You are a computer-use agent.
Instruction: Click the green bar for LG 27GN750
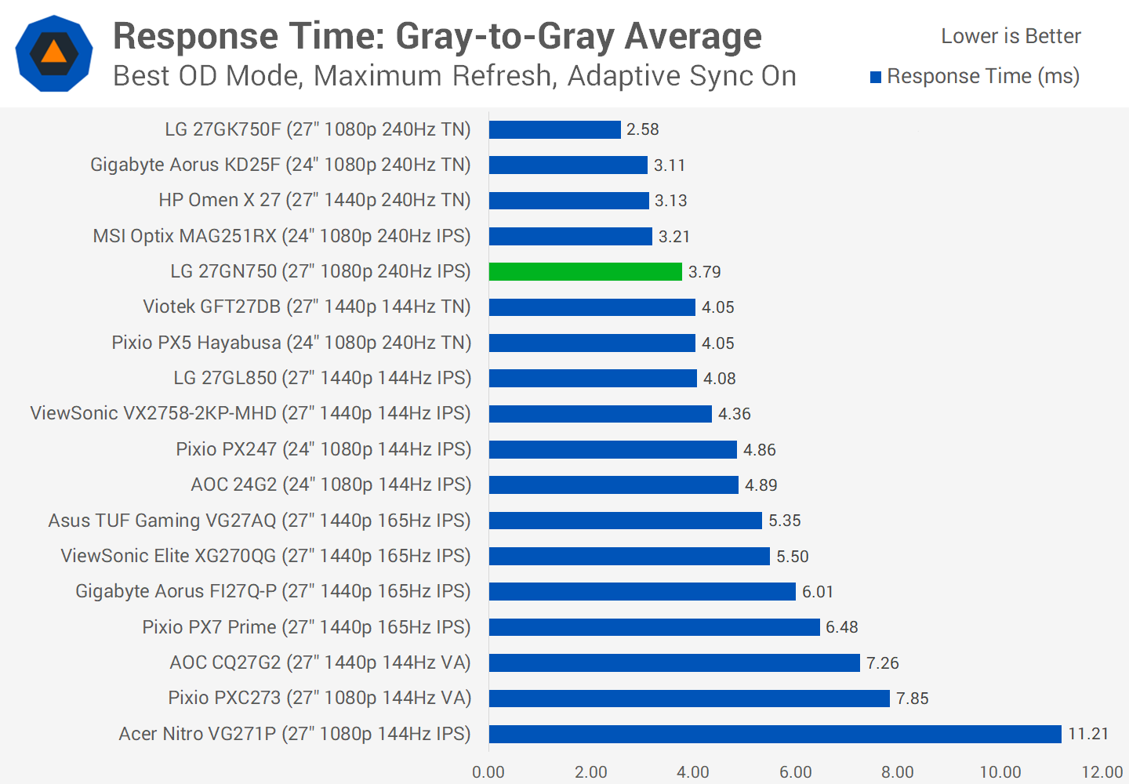click(x=585, y=271)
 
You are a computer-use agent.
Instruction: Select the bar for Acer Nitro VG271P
click(x=775, y=734)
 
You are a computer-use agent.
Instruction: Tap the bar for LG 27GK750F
click(x=554, y=129)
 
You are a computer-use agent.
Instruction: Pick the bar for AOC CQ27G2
click(x=674, y=663)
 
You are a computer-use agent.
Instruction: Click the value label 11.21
click(x=1088, y=734)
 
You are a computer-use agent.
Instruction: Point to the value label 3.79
click(x=704, y=272)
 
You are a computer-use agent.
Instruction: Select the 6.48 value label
click(x=841, y=627)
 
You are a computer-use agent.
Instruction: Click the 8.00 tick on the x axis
click(x=897, y=772)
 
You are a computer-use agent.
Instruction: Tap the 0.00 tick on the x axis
click(x=488, y=772)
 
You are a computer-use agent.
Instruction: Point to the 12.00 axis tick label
click(x=1102, y=772)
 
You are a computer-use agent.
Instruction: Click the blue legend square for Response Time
click(x=876, y=77)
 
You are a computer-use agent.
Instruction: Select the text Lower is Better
click(x=1011, y=36)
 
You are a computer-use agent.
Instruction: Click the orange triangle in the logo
click(x=53, y=53)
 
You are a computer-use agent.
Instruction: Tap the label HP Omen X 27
click(x=314, y=200)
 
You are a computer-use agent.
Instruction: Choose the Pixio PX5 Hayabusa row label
click(x=291, y=343)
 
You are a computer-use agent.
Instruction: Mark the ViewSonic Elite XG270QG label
click(x=266, y=556)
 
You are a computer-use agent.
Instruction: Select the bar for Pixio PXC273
click(x=689, y=699)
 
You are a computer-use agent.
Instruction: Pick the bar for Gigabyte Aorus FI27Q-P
click(x=642, y=592)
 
